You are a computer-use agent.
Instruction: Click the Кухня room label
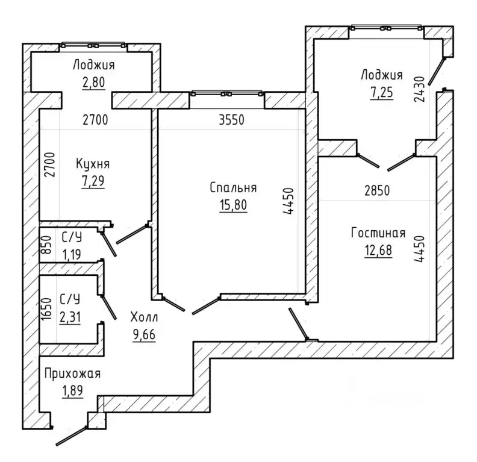(x=93, y=164)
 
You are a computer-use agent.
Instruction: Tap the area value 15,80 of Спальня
(x=233, y=205)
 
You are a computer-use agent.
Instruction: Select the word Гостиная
(x=378, y=233)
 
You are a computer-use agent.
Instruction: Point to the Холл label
(x=144, y=317)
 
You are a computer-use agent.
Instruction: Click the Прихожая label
(x=72, y=373)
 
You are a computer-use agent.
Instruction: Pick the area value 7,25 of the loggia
(x=381, y=92)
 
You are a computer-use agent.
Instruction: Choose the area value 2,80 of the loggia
(x=93, y=82)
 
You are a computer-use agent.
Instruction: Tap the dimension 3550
(x=231, y=120)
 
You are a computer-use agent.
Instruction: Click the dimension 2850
(x=377, y=190)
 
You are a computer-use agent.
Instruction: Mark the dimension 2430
(x=419, y=89)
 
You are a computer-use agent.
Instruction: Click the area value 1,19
(x=72, y=254)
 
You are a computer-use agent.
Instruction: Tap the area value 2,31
(x=70, y=317)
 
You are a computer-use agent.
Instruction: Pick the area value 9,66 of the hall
(x=144, y=334)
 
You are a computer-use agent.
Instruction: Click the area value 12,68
(x=378, y=251)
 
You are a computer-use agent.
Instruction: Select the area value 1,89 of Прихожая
(x=72, y=390)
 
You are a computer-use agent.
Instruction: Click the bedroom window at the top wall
(x=227, y=94)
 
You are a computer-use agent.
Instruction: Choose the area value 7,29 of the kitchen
(x=93, y=181)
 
